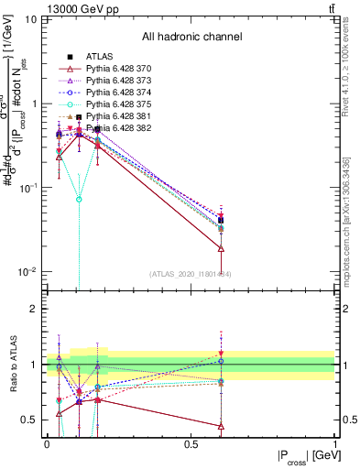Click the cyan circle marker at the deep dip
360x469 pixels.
pos(80,199)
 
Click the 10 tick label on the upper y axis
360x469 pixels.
pos(31,19)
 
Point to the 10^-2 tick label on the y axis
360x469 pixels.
pos(27,272)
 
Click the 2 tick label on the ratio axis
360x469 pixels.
pos(35,309)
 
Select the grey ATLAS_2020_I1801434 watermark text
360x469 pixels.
pos(191,273)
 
